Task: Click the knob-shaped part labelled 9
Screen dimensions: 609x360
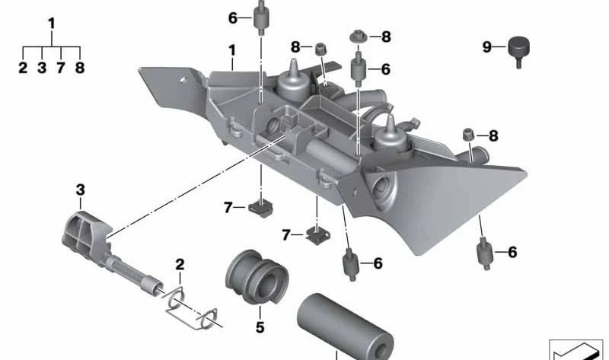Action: (518, 50)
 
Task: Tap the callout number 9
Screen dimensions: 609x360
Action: (487, 47)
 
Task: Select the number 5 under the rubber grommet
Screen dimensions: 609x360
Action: (260, 327)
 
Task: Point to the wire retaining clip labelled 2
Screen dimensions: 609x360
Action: (190, 307)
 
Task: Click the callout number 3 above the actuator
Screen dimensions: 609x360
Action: (80, 190)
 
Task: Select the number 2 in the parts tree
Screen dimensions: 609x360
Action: (23, 68)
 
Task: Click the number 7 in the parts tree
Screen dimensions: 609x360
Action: (61, 68)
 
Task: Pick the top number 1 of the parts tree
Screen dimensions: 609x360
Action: (52, 24)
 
